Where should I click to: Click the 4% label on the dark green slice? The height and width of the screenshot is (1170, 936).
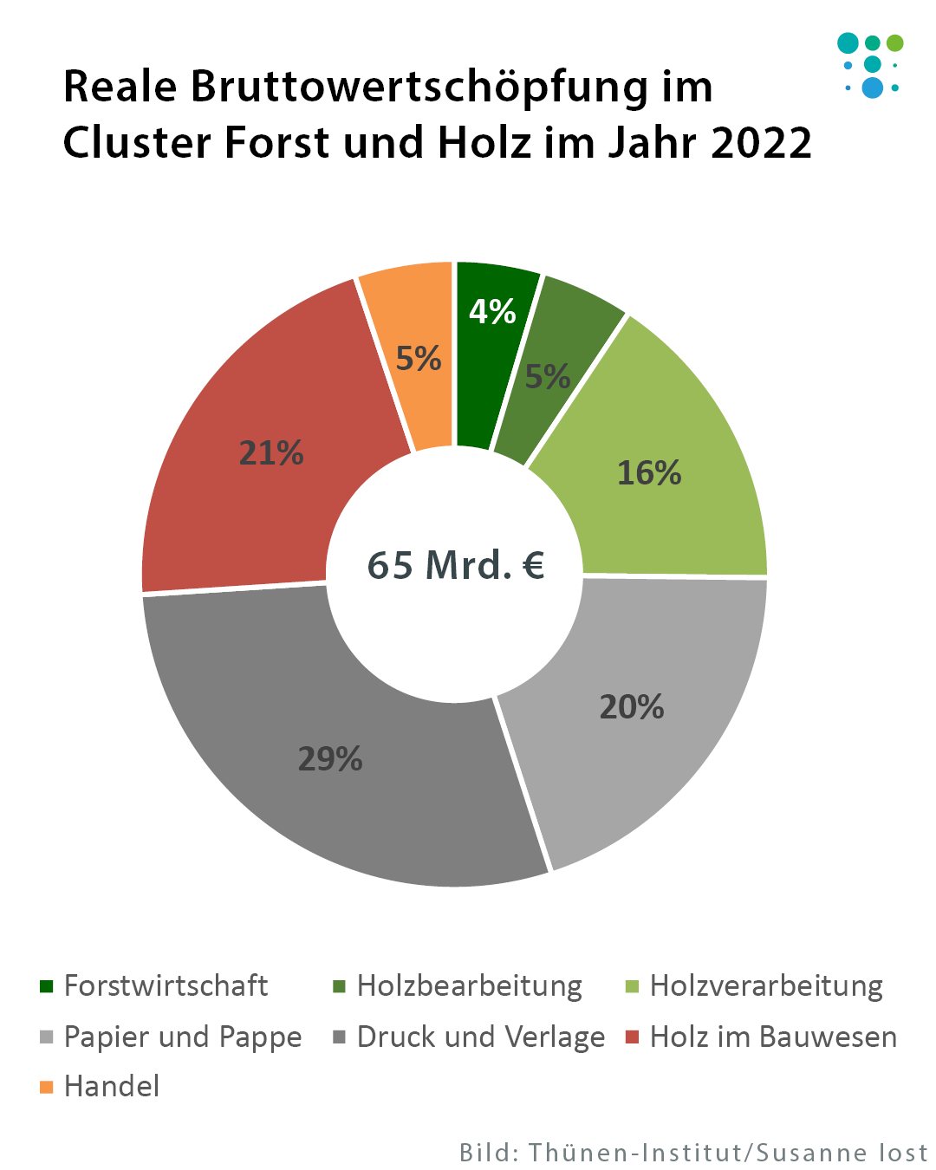[x=492, y=312]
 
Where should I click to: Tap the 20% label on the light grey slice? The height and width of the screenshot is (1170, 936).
[x=632, y=707]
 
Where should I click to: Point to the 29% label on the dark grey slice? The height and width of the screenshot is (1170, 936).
[x=330, y=759]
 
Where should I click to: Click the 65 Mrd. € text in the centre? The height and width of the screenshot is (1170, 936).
[x=456, y=565]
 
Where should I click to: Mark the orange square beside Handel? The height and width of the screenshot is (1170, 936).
[x=47, y=1087]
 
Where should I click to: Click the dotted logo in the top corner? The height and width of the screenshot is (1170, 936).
[x=871, y=65]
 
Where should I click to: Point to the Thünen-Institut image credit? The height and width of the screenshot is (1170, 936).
[x=693, y=1153]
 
